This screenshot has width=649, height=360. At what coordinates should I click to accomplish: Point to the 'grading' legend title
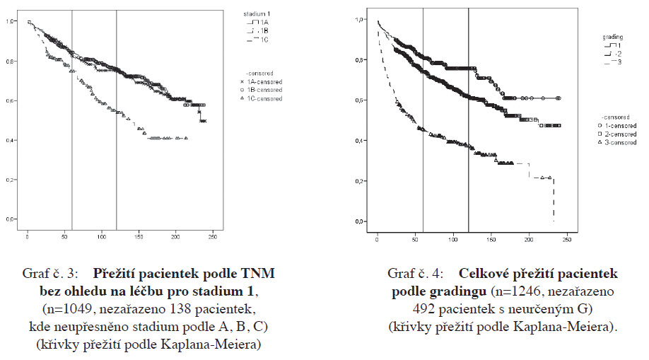tap(612, 35)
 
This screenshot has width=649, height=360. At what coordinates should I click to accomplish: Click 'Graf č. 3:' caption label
tap(56, 272)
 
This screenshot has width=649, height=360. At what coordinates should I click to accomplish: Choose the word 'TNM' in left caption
tap(259, 272)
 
